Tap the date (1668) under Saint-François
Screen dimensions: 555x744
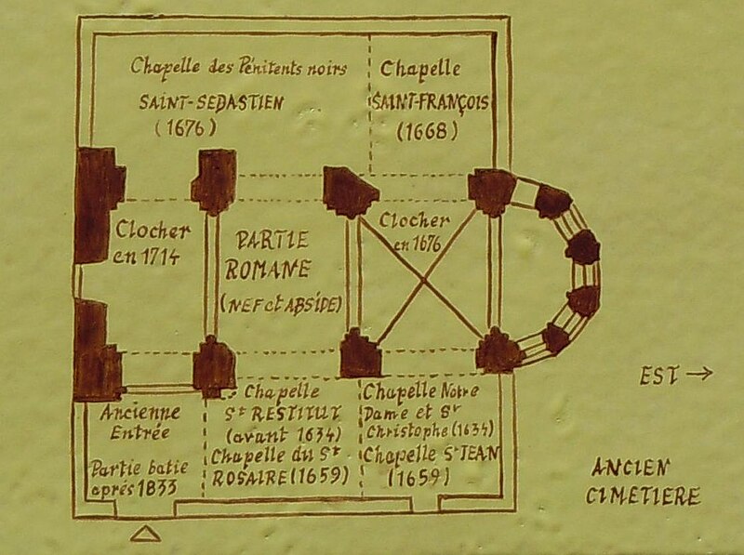pyautogui.click(x=427, y=130)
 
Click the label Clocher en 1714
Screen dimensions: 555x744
pyautogui.click(x=154, y=244)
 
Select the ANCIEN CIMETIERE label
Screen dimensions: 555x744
pyautogui.click(x=642, y=481)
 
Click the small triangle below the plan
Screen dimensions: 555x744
pyautogui.click(x=148, y=532)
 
